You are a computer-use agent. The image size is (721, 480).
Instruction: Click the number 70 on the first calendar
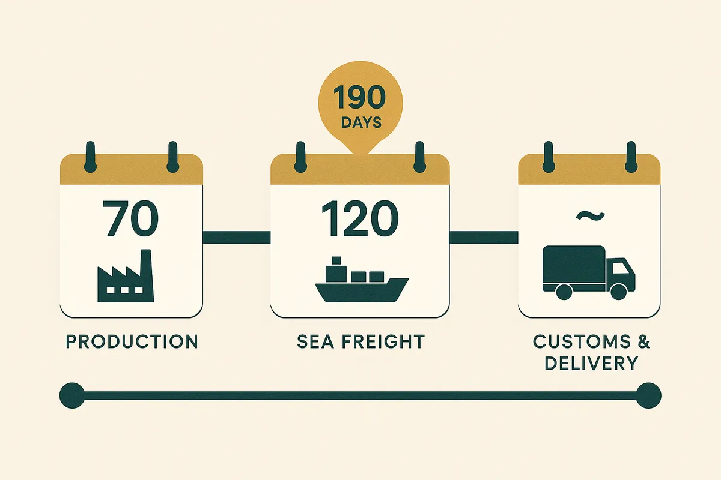pos(130,220)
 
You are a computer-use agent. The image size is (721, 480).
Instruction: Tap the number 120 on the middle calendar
pos(359,220)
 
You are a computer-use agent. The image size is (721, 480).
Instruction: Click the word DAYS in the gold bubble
pos(360,122)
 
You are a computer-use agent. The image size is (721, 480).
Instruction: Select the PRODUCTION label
pos(132,342)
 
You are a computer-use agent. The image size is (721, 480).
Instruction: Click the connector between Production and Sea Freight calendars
pos(237,237)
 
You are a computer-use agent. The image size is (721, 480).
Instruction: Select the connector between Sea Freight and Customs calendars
pos(484,237)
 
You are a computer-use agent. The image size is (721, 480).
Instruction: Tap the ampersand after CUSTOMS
pos(642,342)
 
